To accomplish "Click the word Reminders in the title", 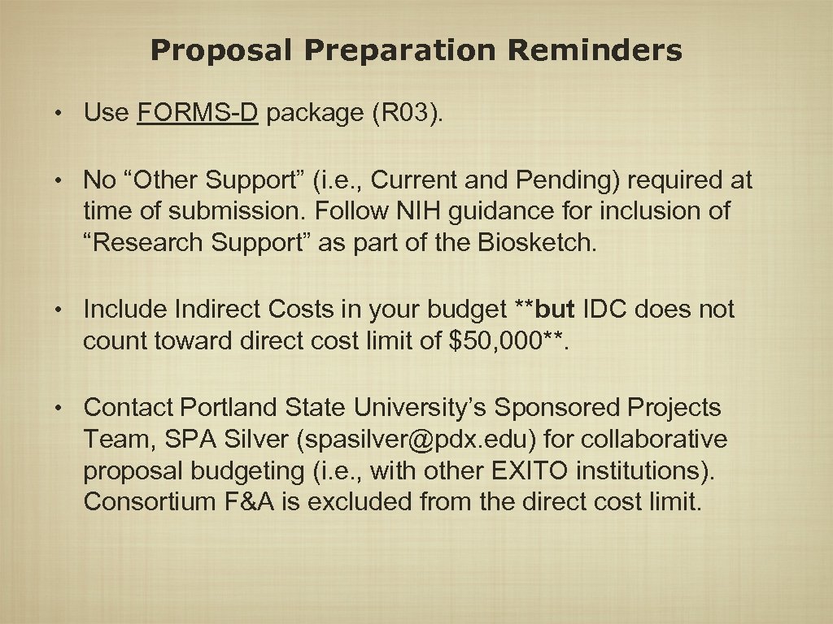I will tap(595, 51).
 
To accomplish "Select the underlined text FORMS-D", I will tap(198, 113).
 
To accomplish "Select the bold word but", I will tap(556, 310).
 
